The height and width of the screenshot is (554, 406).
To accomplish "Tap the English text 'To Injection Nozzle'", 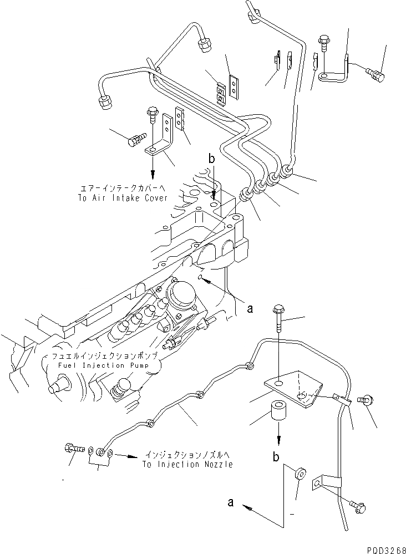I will (187, 464).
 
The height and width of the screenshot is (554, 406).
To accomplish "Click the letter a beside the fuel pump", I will (250, 308).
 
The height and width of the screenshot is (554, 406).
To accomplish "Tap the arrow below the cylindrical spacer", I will (278, 438).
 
